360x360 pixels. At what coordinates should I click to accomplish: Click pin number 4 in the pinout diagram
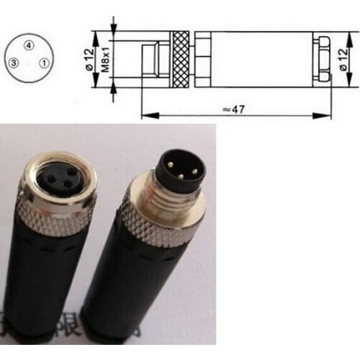click(28, 45)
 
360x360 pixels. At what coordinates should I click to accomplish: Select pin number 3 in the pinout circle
click(13, 63)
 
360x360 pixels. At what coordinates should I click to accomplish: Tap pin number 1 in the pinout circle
click(44, 63)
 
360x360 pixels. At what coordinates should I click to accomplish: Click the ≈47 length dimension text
click(234, 109)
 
